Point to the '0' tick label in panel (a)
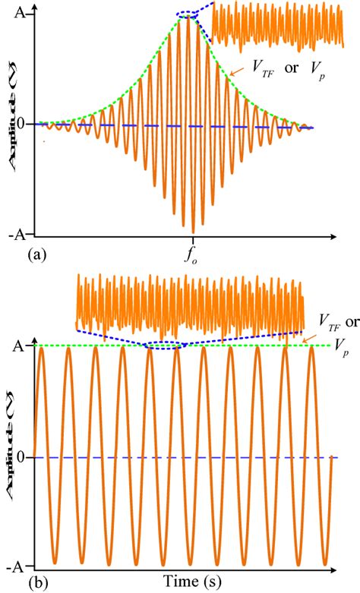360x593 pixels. (x=24, y=124)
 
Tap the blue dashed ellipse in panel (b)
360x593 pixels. (x=163, y=345)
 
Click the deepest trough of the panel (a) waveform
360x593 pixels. (x=194, y=231)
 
